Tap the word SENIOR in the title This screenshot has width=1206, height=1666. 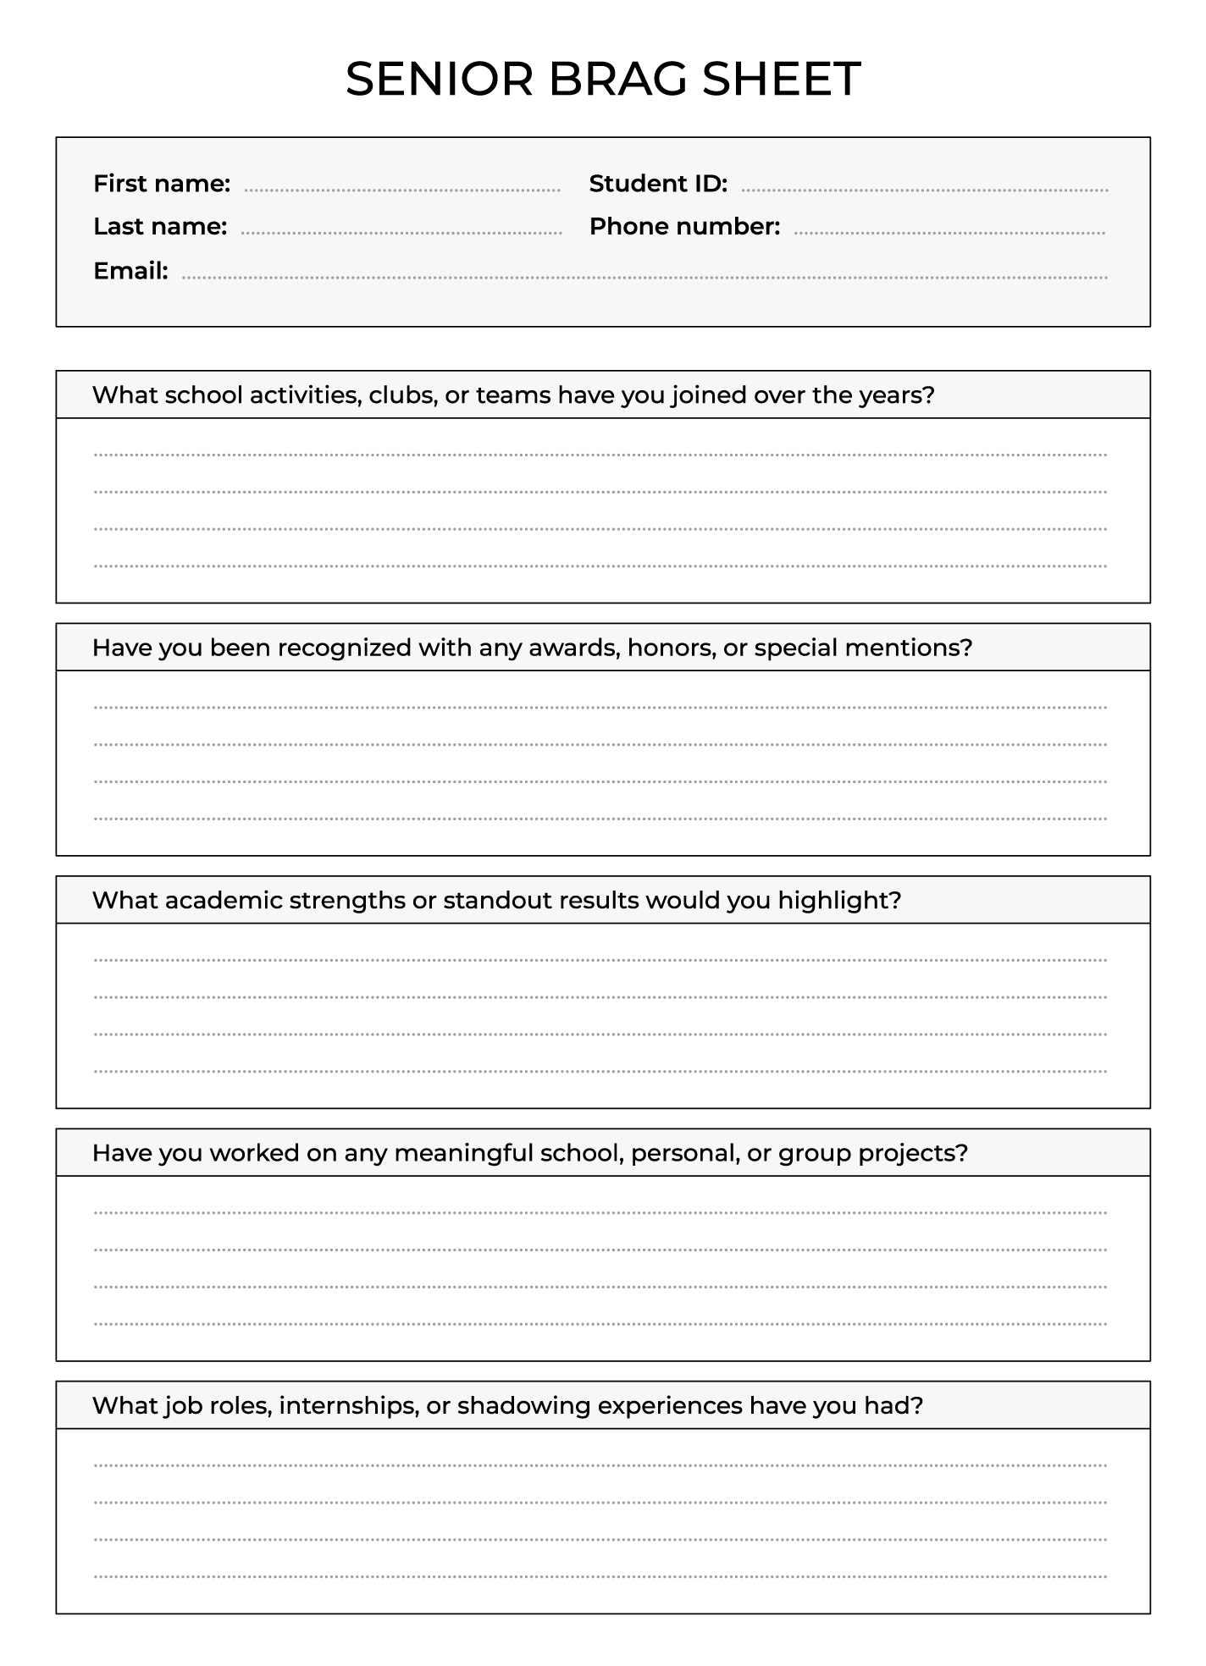click(x=439, y=79)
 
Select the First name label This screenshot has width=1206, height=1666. click(x=162, y=184)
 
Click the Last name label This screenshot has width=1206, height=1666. click(x=160, y=227)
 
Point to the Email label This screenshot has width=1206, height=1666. click(x=130, y=271)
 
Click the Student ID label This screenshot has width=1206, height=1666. click(x=658, y=184)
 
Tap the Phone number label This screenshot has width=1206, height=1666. click(x=684, y=227)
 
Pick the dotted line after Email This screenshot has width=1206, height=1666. click(x=644, y=277)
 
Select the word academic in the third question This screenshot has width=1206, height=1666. click(x=224, y=900)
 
